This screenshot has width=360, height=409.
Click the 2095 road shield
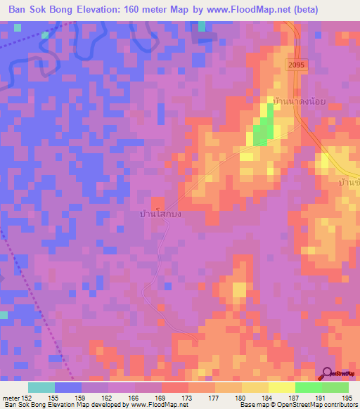[295, 64]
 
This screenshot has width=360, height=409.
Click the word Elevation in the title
[113, 10]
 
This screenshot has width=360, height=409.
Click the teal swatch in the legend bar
[41, 387]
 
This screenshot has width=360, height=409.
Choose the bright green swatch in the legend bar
[309, 387]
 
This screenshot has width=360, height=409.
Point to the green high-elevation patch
[262, 130]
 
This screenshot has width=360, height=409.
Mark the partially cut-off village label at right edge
[349, 182]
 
